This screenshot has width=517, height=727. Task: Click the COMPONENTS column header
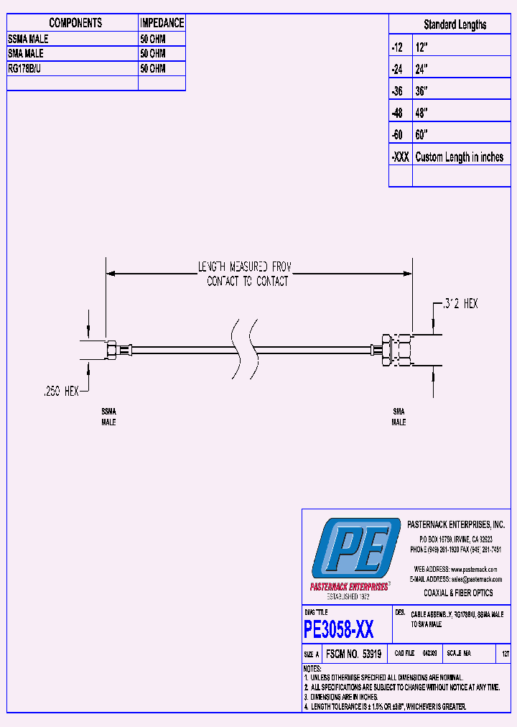(75, 23)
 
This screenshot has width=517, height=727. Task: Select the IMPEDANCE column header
(162, 23)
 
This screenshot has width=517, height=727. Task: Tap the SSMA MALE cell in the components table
(28, 39)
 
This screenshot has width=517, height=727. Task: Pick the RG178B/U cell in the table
(25, 68)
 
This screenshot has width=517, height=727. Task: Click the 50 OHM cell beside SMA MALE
(152, 54)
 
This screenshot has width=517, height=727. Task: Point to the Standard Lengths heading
(455, 24)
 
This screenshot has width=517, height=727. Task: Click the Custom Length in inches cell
(459, 157)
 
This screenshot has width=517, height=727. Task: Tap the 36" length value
(421, 91)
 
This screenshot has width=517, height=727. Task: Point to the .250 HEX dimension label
(60, 392)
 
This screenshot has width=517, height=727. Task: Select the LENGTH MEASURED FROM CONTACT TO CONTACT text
(245, 274)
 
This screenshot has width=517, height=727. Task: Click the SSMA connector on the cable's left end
(113, 350)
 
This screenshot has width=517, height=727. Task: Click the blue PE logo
(355, 550)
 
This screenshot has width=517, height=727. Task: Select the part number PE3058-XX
(338, 630)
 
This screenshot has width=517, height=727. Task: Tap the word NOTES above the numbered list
(315, 668)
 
